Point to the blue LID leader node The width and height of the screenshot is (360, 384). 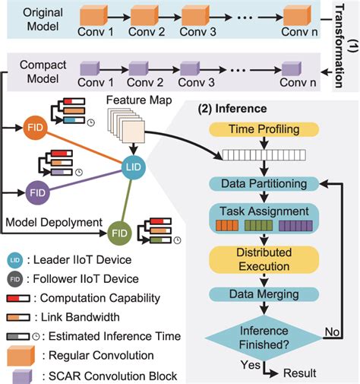click(134, 166)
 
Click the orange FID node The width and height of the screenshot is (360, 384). click(34, 127)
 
